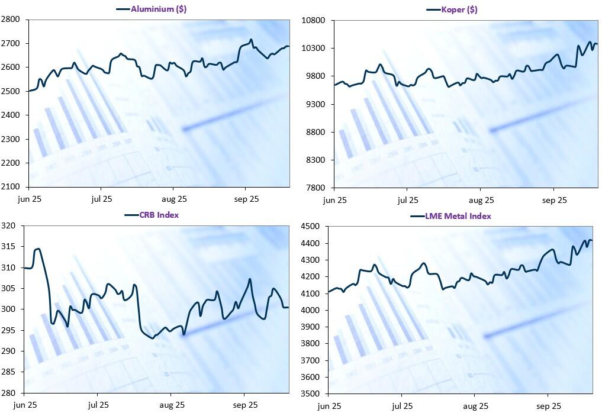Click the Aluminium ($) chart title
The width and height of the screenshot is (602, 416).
(159, 9)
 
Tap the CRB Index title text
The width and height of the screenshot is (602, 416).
(159, 215)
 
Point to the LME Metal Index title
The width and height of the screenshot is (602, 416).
(458, 216)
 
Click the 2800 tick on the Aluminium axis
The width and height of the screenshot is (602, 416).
(11, 20)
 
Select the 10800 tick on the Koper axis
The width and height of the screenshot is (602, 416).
(313, 20)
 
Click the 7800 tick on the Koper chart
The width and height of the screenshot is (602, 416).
(315, 188)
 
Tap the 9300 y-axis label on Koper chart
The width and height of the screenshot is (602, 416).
(315, 104)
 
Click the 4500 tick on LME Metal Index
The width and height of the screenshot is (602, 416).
(311, 227)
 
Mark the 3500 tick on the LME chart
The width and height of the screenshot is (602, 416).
(311, 394)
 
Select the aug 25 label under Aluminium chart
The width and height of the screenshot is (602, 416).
(174, 199)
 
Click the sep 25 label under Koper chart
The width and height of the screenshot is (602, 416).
(554, 201)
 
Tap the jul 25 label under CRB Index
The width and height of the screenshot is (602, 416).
(98, 405)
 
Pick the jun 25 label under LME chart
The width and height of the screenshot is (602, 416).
(329, 406)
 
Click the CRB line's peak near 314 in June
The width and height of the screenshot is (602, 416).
(38, 249)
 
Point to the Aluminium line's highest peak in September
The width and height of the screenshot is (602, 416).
(251, 40)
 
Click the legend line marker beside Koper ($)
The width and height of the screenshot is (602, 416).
(433, 9)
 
